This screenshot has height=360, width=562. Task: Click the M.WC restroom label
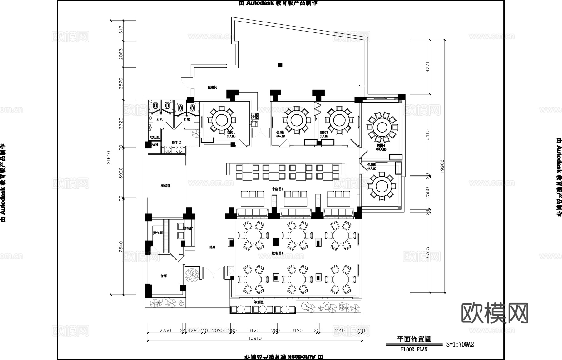coord(160,119)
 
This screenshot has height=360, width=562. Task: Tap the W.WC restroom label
coord(187,119)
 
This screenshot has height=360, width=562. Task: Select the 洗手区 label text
coord(176,142)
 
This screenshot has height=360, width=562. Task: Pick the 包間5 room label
coord(371,165)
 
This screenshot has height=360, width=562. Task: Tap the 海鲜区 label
coord(165,186)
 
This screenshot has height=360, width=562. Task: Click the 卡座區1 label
coord(277,189)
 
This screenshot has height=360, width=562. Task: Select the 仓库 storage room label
coord(163,276)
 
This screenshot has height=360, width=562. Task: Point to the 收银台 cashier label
coord(188,228)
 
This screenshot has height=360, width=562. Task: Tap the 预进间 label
coord(212,88)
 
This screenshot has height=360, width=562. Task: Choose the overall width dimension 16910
coord(255,338)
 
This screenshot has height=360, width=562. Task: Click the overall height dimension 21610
coord(108,157)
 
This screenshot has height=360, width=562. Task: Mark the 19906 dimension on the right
coord(442,166)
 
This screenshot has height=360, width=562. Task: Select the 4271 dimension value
coord(428,67)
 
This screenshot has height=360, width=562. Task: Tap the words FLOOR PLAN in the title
coord(414,350)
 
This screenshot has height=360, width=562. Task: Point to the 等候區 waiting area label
coord(259,302)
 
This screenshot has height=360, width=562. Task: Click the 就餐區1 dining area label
coord(277,253)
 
